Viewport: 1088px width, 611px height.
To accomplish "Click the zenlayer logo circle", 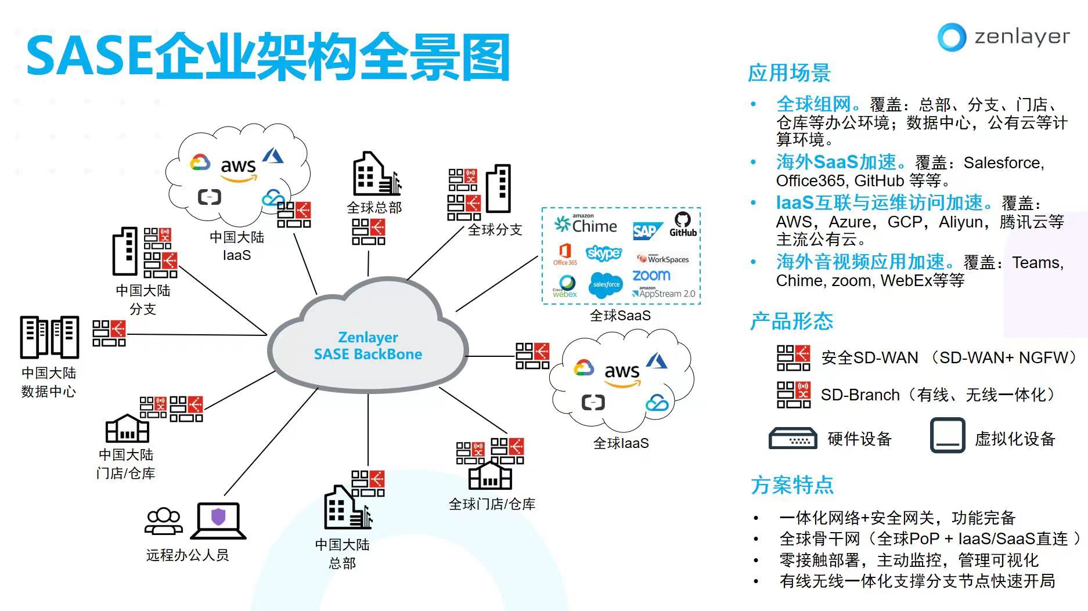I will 952,37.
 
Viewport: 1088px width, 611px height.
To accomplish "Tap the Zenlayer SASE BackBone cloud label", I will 368,346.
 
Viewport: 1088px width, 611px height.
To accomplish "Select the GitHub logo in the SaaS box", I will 683,224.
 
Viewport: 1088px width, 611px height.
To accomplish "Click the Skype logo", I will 604,253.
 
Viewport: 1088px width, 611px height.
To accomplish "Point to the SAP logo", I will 646,231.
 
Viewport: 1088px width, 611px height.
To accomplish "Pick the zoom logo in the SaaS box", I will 651,275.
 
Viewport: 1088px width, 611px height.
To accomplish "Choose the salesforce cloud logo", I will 606,284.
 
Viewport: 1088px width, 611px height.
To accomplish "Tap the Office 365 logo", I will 565,254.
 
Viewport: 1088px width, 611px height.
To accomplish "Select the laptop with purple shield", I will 218,520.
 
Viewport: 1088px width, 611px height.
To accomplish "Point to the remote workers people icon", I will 163,520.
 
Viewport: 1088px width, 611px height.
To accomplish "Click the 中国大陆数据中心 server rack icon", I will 49,337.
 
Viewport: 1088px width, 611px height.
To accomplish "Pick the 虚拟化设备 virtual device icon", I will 948,435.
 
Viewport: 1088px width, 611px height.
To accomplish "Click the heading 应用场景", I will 789,73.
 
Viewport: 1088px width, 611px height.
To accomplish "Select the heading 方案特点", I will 792,485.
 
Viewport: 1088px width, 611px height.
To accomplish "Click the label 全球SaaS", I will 620,316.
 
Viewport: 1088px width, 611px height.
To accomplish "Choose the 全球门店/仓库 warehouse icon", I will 490,476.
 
